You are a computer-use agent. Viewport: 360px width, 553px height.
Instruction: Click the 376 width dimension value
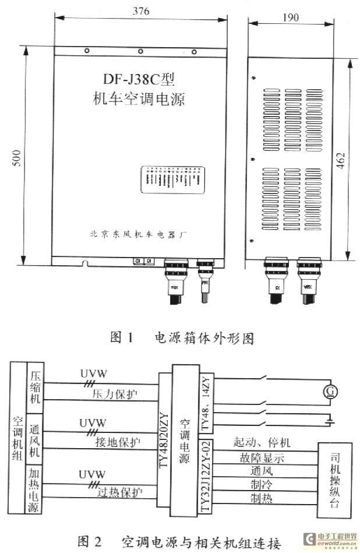tap(140, 10)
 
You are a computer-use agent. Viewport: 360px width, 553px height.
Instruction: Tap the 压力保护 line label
tap(114, 395)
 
